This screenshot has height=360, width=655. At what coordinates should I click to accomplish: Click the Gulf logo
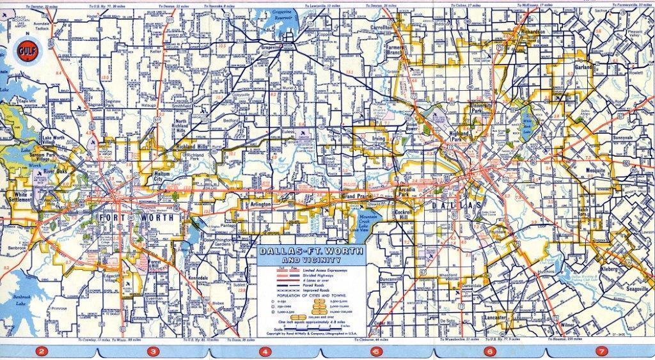pyautogui.click(x=28, y=49)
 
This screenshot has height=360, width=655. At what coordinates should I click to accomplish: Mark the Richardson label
pyautogui.click(x=532, y=32)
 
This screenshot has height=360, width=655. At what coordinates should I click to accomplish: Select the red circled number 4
pyautogui.click(x=264, y=350)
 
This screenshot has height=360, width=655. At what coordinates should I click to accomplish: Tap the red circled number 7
pyautogui.click(x=601, y=350)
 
